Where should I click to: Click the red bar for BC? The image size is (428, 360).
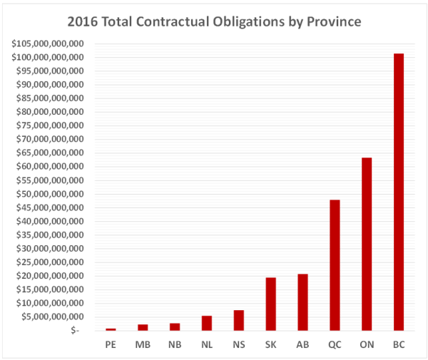tap(398, 192)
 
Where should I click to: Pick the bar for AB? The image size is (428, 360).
tap(302, 302)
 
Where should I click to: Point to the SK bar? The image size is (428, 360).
tap(271, 304)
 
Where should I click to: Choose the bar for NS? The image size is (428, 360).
tap(239, 320)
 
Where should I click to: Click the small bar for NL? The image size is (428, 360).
tap(207, 323)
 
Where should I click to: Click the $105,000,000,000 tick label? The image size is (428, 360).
tap(49, 43)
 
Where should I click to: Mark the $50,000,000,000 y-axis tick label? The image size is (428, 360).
tap(51, 194)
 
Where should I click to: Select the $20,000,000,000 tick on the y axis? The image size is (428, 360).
tap(51, 276)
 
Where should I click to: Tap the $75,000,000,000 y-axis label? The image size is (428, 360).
tap(51, 125)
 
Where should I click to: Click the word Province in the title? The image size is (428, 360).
tap(332, 21)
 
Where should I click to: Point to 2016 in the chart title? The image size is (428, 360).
tap(93, 21)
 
